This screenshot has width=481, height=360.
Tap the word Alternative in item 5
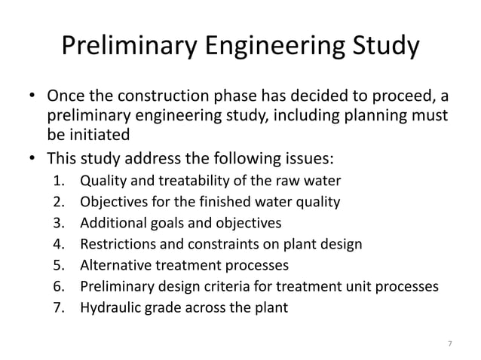coord(113,265)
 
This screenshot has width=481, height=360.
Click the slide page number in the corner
coord(450,344)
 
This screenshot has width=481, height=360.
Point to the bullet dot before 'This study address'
coord(32,160)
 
